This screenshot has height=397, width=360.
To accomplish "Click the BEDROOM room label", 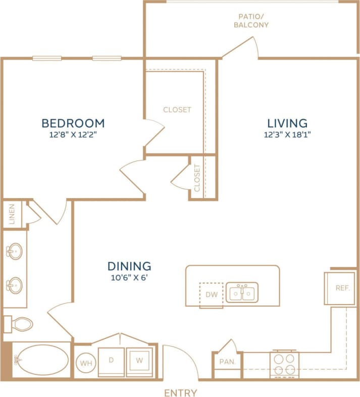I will (73, 123).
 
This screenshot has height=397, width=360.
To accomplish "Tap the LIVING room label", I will (287, 123).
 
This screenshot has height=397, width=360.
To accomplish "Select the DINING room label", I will (129, 266).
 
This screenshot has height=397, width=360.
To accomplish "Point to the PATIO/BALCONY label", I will (250, 20).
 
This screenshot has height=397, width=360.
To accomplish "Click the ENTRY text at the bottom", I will (180, 392).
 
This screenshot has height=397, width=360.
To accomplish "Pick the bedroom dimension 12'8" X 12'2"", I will (73, 135).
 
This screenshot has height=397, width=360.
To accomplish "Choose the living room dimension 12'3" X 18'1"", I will (287, 135).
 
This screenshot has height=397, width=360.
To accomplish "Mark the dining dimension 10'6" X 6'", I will (129, 277).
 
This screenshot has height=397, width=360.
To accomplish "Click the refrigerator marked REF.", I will (339, 288).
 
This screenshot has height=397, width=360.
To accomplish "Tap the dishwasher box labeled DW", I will (212, 294).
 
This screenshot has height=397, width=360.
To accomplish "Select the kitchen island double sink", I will (242, 292).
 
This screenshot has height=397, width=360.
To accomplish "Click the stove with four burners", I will (284, 364).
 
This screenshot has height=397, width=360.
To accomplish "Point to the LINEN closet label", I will (12, 214).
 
